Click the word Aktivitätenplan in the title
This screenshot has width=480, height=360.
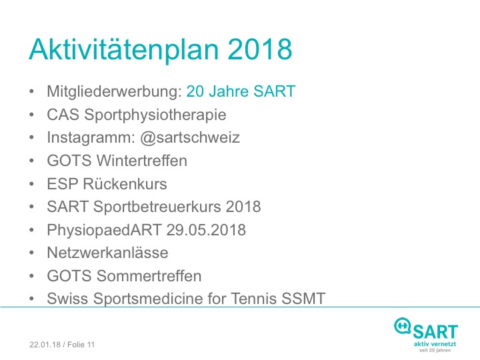124,50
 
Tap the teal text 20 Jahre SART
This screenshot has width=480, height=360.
241,91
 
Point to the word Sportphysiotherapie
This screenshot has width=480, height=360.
155,115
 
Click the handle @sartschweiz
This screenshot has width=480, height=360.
190,137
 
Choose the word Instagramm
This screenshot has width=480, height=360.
91,138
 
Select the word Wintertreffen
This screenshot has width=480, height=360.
142,161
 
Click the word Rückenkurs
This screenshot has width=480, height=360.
125,184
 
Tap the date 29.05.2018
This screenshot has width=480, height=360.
206,229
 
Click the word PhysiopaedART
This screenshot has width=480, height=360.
104,230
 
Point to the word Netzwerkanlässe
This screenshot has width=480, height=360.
107,253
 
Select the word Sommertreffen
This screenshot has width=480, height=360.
149,275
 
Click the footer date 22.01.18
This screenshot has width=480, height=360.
45,345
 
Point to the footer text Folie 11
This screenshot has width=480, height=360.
81,345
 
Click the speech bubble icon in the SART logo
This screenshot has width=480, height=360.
402,326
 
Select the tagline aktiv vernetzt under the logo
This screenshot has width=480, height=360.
435,344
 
